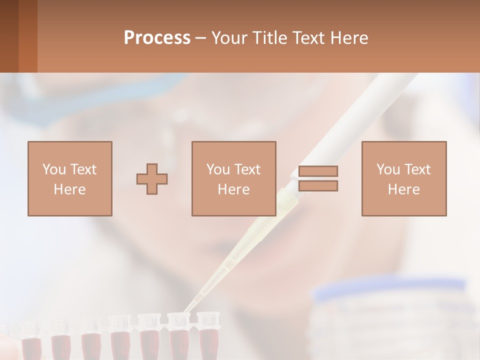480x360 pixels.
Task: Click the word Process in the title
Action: (157, 38)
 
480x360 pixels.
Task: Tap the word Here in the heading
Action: (348, 38)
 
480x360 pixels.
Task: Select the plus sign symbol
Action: (152, 179)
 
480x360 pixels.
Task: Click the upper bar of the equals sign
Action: (318, 171)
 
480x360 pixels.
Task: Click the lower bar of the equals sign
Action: (318, 186)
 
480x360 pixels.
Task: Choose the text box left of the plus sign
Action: (70, 179)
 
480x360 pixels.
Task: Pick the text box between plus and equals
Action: (233, 179)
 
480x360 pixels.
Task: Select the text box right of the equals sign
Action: (403, 179)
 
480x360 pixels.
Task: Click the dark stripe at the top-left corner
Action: (9, 36)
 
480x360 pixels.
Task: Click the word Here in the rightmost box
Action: (403, 189)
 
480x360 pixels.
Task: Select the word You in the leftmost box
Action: (53, 169)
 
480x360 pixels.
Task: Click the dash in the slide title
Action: (200, 38)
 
